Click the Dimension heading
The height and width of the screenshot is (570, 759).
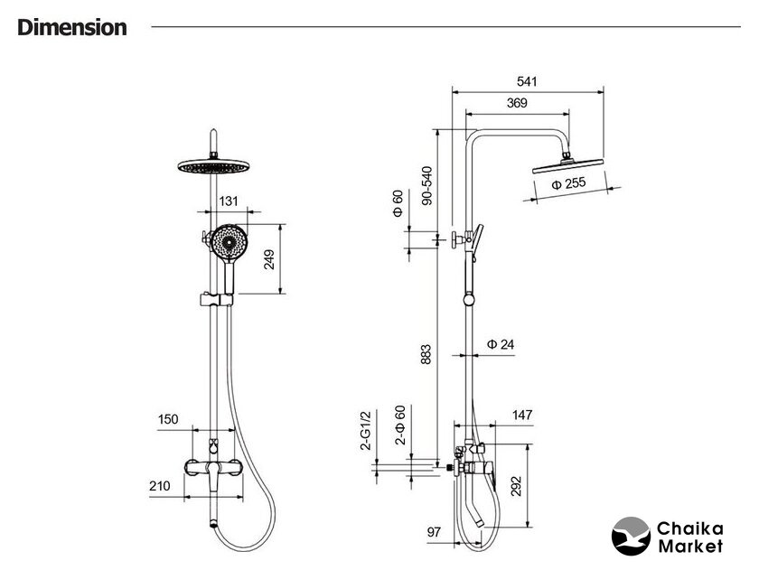pos(72,27)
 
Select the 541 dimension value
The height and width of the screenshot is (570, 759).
pos(528,81)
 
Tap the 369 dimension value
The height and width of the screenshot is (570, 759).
pos(517,103)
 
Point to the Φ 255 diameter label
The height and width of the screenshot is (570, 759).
pos(567,184)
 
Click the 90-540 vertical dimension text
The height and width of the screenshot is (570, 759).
pos(426,185)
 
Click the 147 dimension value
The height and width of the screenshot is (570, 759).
pos(522,416)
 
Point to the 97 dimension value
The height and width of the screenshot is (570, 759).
pos(434,532)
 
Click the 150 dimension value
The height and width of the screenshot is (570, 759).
pos(169,418)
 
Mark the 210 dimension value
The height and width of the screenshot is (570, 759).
pos(160,486)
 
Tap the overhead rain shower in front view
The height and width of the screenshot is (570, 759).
pos(213,166)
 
